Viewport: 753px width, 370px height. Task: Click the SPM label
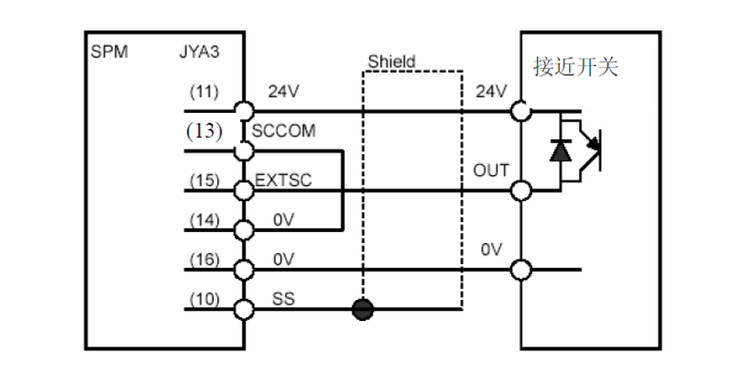point(109,55)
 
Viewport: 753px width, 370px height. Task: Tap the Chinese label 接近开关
point(575,68)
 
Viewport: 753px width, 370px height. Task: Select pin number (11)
point(203,90)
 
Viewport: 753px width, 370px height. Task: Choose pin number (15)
point(203,181)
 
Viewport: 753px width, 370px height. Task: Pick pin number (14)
point(203,220)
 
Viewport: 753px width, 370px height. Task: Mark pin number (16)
point(203,260)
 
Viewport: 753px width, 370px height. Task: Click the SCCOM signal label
point(284,131)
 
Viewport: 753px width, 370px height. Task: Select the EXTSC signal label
point(284,181)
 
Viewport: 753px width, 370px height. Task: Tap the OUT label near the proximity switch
point(491,171)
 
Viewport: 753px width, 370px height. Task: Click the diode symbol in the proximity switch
point(560,150)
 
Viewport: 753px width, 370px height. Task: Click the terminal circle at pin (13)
point(245,150)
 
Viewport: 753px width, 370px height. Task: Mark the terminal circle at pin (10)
point(245,309)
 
